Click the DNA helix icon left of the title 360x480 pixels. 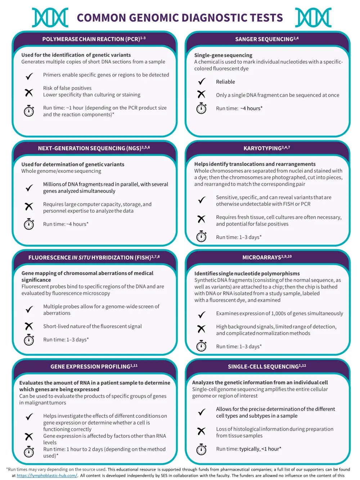[50, 17]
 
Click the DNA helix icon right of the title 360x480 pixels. [313, 17]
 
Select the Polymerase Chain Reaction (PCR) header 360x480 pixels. [94, 39]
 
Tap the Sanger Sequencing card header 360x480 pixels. [267, 39]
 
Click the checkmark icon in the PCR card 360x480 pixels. [29, 76]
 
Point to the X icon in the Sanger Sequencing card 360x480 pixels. [201, 94]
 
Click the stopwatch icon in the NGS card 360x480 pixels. [29, 224]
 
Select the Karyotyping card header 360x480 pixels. [267, 148]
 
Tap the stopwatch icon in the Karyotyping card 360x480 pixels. [201, 237]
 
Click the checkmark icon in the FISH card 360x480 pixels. [29, 309]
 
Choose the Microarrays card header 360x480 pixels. [267, 257]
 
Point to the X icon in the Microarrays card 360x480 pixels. [201, 329]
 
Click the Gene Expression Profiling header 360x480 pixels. [94, 367]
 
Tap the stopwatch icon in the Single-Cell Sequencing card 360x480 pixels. [201, 449]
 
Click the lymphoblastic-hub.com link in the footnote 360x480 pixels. [47, 476]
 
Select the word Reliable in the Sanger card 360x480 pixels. [225, 82]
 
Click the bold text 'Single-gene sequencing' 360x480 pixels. [223, 55]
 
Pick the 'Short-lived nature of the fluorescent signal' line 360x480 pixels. [93, 326]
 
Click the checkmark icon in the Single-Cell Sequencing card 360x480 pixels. [202, 412]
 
